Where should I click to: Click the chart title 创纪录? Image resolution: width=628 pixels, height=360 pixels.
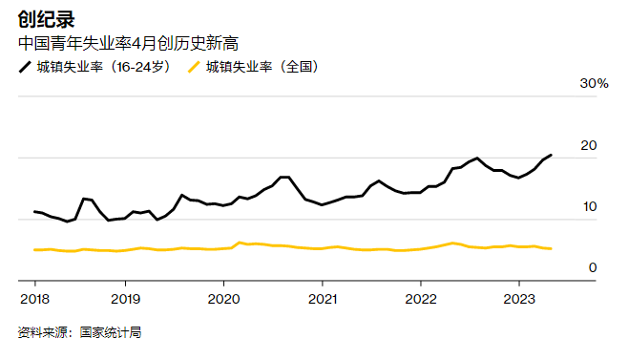[47, 18]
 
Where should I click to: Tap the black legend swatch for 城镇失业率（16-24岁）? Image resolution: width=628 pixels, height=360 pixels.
[25, 68]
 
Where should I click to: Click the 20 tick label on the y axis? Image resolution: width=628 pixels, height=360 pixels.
[589, 145]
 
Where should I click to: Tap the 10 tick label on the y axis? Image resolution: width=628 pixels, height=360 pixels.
[589, 206]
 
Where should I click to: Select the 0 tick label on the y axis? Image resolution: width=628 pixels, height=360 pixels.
[593, 267]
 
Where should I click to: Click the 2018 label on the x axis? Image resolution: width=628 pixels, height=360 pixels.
[34, 298]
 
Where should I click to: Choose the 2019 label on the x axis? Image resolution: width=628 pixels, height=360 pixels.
[125, 298]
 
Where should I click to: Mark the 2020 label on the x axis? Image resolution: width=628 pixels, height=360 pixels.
[223, 298]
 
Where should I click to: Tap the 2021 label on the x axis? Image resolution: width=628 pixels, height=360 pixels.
[322, 298]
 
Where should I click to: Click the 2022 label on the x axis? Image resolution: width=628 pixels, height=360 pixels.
[420, 298]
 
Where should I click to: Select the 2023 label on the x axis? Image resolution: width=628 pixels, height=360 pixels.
[518, 298]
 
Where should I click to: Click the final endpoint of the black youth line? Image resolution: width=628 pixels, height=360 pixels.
[551, 155]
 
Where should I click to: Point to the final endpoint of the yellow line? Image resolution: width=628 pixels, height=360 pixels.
[551, 248]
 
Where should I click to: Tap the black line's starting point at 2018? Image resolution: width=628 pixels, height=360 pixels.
[34, 212]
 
